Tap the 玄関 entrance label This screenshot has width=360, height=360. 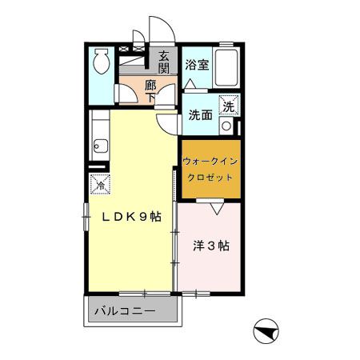[x=163, y=62]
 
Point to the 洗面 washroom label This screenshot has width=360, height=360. [x=200, y=114]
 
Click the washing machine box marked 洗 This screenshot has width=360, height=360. [x=229, y=106]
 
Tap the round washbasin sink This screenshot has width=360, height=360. [x=226, y=126]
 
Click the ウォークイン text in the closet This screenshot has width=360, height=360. [x=209, y=161]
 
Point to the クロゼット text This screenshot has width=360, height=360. [x=209, y=177]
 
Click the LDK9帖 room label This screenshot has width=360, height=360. [x=131, y=216]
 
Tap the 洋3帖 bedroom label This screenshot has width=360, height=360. [x=211, y=246]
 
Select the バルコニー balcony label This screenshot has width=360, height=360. [x=124, y=309]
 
